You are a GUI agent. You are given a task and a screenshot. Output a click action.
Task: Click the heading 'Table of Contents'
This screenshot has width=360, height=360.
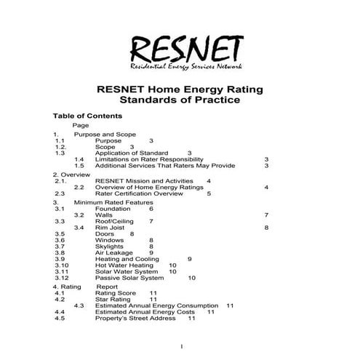pos(87,116)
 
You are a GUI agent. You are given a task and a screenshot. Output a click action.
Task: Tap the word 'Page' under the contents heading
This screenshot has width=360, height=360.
pos(81,126)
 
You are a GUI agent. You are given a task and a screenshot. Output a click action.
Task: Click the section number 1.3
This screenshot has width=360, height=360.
pos(60,153)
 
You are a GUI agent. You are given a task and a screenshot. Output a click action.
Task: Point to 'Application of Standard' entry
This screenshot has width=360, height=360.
pos(132,153)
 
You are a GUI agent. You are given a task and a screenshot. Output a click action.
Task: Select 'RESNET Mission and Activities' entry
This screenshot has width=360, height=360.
pos(146,180)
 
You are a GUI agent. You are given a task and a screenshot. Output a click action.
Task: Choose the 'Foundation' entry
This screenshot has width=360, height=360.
pos(113,209)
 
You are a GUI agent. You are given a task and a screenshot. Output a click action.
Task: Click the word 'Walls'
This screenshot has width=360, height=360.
pos(104,215)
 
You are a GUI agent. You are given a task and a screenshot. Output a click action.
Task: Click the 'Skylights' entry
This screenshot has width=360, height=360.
pos(109,247)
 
